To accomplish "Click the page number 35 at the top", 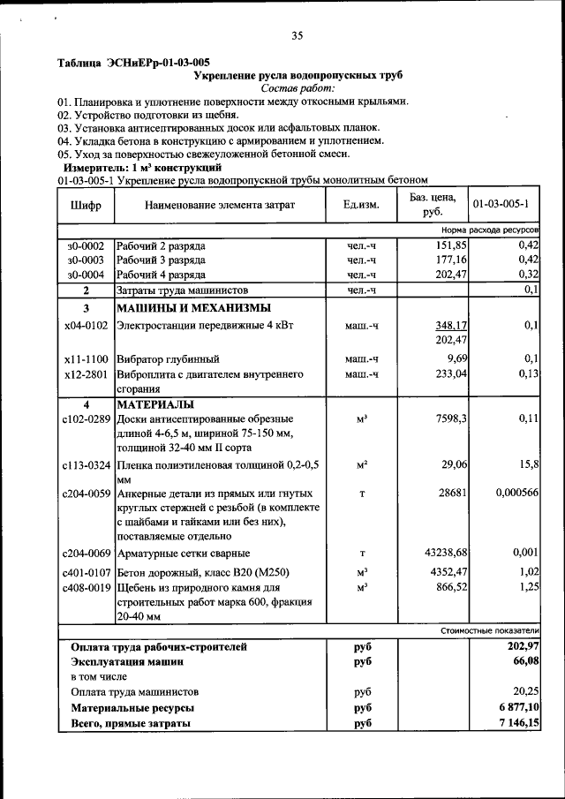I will coord(298,36).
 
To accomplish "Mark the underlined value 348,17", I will coord(450,326).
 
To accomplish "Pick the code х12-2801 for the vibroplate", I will coord(86,373).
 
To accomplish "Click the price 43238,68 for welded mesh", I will coord(439,554).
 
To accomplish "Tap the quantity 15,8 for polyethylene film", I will coord(527,464).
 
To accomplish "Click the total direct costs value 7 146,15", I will coord(517,724).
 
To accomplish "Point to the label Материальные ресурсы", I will coord(132,708).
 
